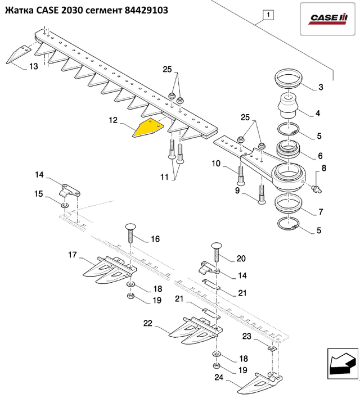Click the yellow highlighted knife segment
(x=147, y=129)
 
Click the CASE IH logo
(x=328, y=20)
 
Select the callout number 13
(x=33, y=67)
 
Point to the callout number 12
(x=113, y=120)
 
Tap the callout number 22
(x=147, y=323)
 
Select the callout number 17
(x=73, y=255)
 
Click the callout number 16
(x=155, y=239)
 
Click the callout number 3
(x=321, y=87)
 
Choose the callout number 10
(x=216, y=164)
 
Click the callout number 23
(x=246, y=336)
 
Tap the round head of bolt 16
(x=129, y=227)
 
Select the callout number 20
(x=241, y=259)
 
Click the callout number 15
(x=39, y=194)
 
